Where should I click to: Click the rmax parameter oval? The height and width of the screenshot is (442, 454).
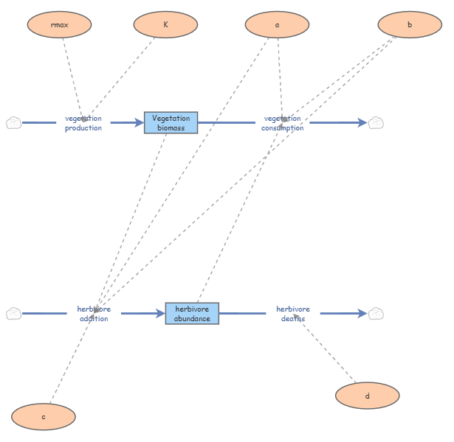59,24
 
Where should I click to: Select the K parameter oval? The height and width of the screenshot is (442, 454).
165,24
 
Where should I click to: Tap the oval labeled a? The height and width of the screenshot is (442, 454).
277,24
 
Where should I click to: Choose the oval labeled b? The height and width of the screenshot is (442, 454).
410,24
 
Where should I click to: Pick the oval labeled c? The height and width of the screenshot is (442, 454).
44,416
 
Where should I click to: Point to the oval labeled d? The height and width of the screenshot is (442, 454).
368,396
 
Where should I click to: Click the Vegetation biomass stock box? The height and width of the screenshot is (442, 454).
171,123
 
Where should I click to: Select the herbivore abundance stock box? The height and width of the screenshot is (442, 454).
192,313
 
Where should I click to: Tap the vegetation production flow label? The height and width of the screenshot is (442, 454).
83,123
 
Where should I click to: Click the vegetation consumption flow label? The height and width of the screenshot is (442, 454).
283,123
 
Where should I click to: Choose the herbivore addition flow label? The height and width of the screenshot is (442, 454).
94,314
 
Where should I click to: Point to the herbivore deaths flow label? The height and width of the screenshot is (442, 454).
293,314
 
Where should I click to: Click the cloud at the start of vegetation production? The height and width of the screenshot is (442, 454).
13,123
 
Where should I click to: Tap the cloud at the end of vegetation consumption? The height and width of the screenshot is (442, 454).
376,123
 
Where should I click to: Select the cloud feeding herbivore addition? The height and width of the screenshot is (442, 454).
13,313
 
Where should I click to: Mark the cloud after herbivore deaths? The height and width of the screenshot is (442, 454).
376,313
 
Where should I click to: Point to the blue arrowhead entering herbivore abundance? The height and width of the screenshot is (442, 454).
160,313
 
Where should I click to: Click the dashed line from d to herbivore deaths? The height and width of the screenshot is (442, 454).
324,348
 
